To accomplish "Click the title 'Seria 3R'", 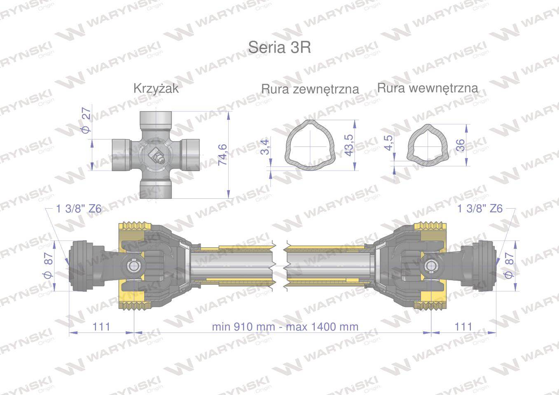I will [x=279, y=47].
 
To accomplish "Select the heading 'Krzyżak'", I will [x=156, y=88].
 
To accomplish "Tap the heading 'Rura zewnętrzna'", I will [x=310, y=89].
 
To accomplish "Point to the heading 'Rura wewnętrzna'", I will [x=428, y=88].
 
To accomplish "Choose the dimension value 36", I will [x=461, y=144].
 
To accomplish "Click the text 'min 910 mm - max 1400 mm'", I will [x=285, y=327].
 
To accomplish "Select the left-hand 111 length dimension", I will [x=101, y=327].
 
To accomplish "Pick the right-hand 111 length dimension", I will [x=463, y=327].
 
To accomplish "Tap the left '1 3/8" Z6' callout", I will [x=78, y=209].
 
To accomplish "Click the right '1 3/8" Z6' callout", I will [x=480, y=209].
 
